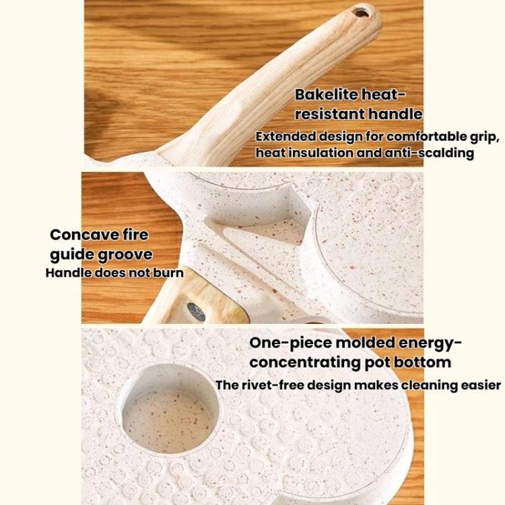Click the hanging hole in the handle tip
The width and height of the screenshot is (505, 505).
(x=362, y=13)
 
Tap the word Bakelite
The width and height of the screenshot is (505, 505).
(x=327, y=95)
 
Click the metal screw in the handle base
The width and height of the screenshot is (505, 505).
(x=196, y=312)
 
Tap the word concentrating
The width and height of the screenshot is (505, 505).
(x=304, y=363)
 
